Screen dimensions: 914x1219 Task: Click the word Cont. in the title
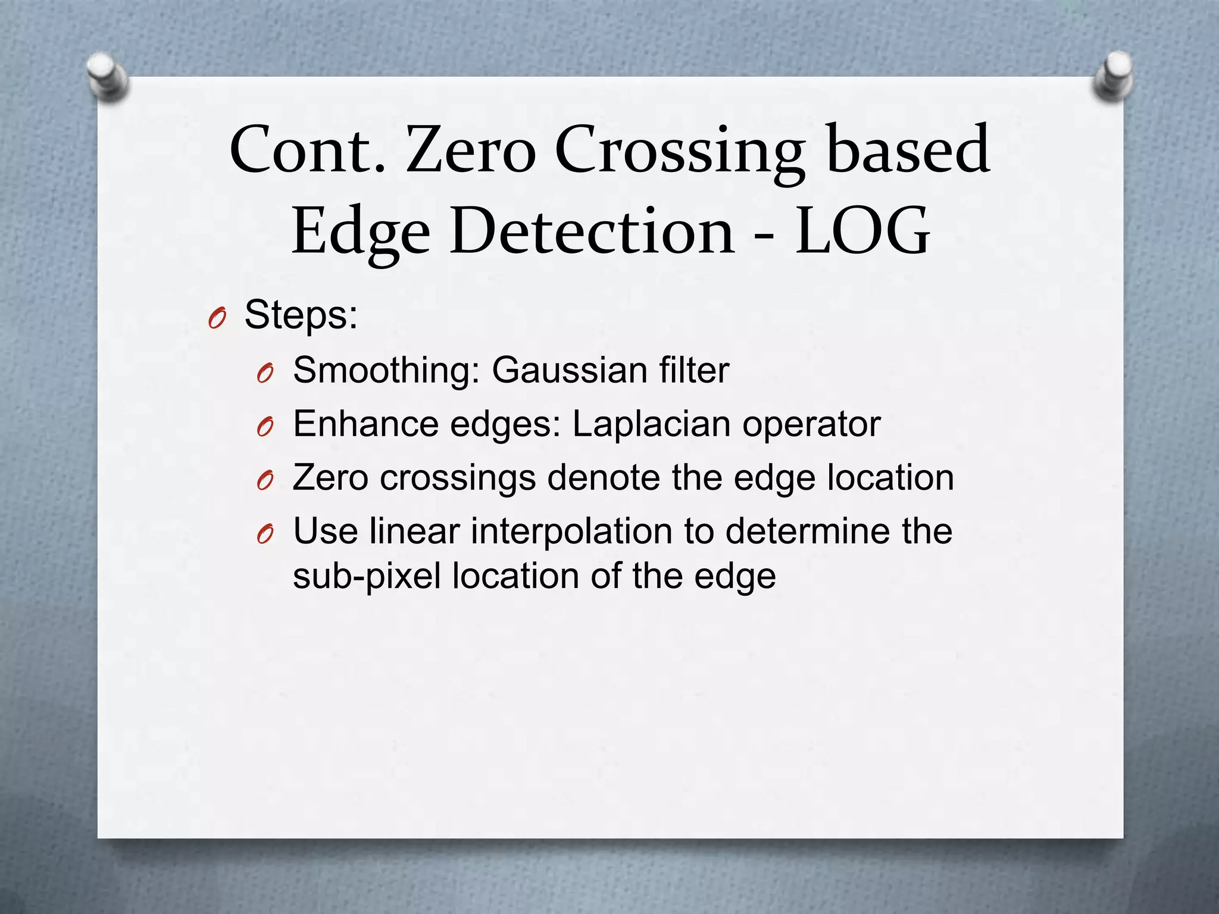[307, 150]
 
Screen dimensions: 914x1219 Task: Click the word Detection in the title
[592, 231]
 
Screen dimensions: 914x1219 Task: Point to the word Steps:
[301, 315]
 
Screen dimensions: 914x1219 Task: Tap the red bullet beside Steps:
[217, 320]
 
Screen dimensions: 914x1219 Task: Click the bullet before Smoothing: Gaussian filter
[265, 374]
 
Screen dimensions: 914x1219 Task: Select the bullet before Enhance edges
[265, 427]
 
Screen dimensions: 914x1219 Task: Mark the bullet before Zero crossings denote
[265, 481]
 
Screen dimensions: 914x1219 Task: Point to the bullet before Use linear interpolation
[265, 534]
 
